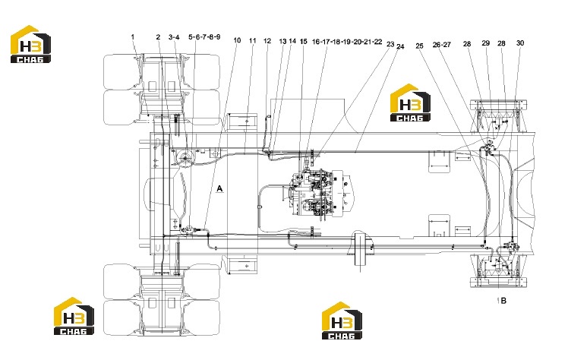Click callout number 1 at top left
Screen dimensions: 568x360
click(133, 37)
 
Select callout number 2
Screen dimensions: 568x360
click(158, 37)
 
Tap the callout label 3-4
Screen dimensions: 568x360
click(174, 37)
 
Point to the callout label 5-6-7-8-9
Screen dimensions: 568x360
click(204, 37)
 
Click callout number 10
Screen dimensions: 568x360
click(237, 40)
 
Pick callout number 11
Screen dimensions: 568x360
click(252, 40)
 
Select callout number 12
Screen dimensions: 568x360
click(267, 41)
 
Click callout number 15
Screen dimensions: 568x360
click(304, 42)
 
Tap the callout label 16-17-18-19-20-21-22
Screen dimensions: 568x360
click(347, 42)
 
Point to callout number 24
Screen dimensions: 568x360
click(400, 46)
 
